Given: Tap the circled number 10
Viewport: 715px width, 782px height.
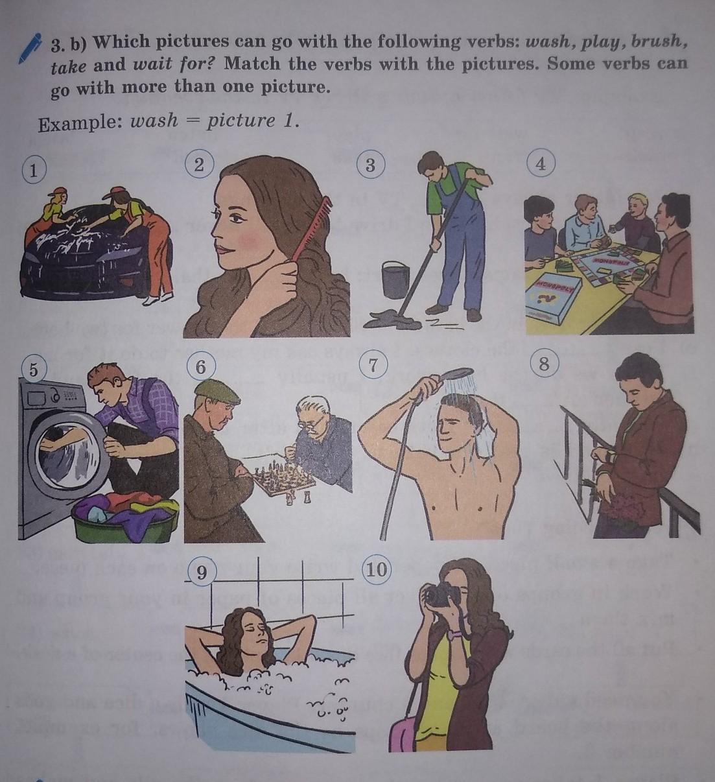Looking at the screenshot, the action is pyautogui.click(x=377, y=569).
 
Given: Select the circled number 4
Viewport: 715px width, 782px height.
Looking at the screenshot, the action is pyautogui.click(x=541, y=165).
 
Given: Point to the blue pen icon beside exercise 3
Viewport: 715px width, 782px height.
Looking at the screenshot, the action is pyautogui.click(x=31, y=48).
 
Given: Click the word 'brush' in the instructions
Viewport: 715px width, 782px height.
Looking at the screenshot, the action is pyautogui.click(x=657, y=41).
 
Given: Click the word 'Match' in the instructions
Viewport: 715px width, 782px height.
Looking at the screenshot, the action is pyautogui.click(x=252, y=64).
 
